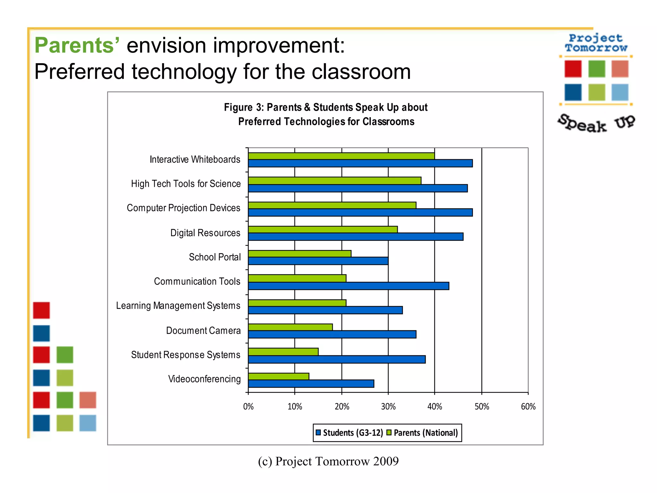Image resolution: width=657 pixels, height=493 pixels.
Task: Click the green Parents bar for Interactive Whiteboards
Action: (x=341, y=156)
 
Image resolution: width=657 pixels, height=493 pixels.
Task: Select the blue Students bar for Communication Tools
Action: (x=348, y=286)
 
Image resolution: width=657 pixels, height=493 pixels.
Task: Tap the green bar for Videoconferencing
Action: (x=278, y=376)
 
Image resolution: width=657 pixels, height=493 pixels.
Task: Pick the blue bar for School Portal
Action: (x=318, y=261)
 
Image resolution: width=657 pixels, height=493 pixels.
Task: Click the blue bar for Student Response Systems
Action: (x=337, y=359)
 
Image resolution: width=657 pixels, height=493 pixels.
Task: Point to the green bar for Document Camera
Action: (x=290, y=327)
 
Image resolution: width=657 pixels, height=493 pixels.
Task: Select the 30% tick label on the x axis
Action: (x=388, y=407)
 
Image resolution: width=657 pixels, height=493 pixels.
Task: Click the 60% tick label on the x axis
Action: (x=528, y=407)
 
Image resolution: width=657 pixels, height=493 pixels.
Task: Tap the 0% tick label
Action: (x=248, y=407)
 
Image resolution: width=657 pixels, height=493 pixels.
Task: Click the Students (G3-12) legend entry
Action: (x=350, y=433)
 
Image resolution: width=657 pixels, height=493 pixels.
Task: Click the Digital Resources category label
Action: (x=205, y=233)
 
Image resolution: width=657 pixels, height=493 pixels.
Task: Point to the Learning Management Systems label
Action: (x=178, y=306)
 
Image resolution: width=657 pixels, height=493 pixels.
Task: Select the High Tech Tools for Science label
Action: (x=186, y=184)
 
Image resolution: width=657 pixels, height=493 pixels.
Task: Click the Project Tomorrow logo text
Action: (x=596, y=43)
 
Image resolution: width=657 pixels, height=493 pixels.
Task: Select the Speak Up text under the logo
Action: (x=596, y=123)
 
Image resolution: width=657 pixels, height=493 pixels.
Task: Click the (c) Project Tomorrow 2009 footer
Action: (x=328, y=461)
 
